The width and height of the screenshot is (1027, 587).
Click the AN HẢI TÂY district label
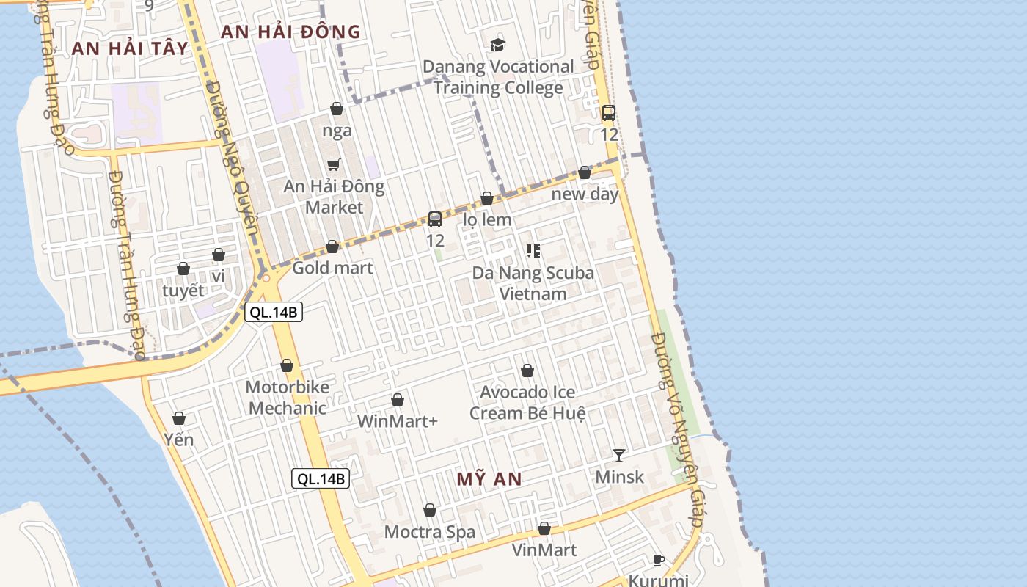130,48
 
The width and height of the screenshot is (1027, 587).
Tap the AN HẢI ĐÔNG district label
290,32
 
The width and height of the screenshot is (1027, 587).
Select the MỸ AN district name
489,479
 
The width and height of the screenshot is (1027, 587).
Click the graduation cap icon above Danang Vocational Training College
498,45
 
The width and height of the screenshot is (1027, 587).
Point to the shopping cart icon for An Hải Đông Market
334,164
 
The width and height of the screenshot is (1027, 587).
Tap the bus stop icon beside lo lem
435,219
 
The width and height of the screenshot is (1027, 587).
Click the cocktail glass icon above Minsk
619,455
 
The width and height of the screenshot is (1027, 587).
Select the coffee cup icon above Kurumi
659,560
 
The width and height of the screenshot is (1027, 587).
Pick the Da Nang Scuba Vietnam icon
533,251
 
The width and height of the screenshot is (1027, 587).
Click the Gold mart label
332,268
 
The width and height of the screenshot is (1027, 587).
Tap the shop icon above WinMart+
398,400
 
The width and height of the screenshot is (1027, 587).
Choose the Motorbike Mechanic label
287,398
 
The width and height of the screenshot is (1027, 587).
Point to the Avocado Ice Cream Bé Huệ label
527,402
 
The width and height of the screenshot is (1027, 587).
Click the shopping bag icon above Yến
179,418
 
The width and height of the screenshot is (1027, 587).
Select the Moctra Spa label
430,532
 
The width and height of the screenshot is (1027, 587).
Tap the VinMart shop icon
544,528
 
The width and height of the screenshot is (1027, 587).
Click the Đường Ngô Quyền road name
233,165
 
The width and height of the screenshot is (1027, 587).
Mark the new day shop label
585,194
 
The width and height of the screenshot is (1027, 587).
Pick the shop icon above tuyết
183,269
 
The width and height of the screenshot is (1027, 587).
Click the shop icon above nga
337,109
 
